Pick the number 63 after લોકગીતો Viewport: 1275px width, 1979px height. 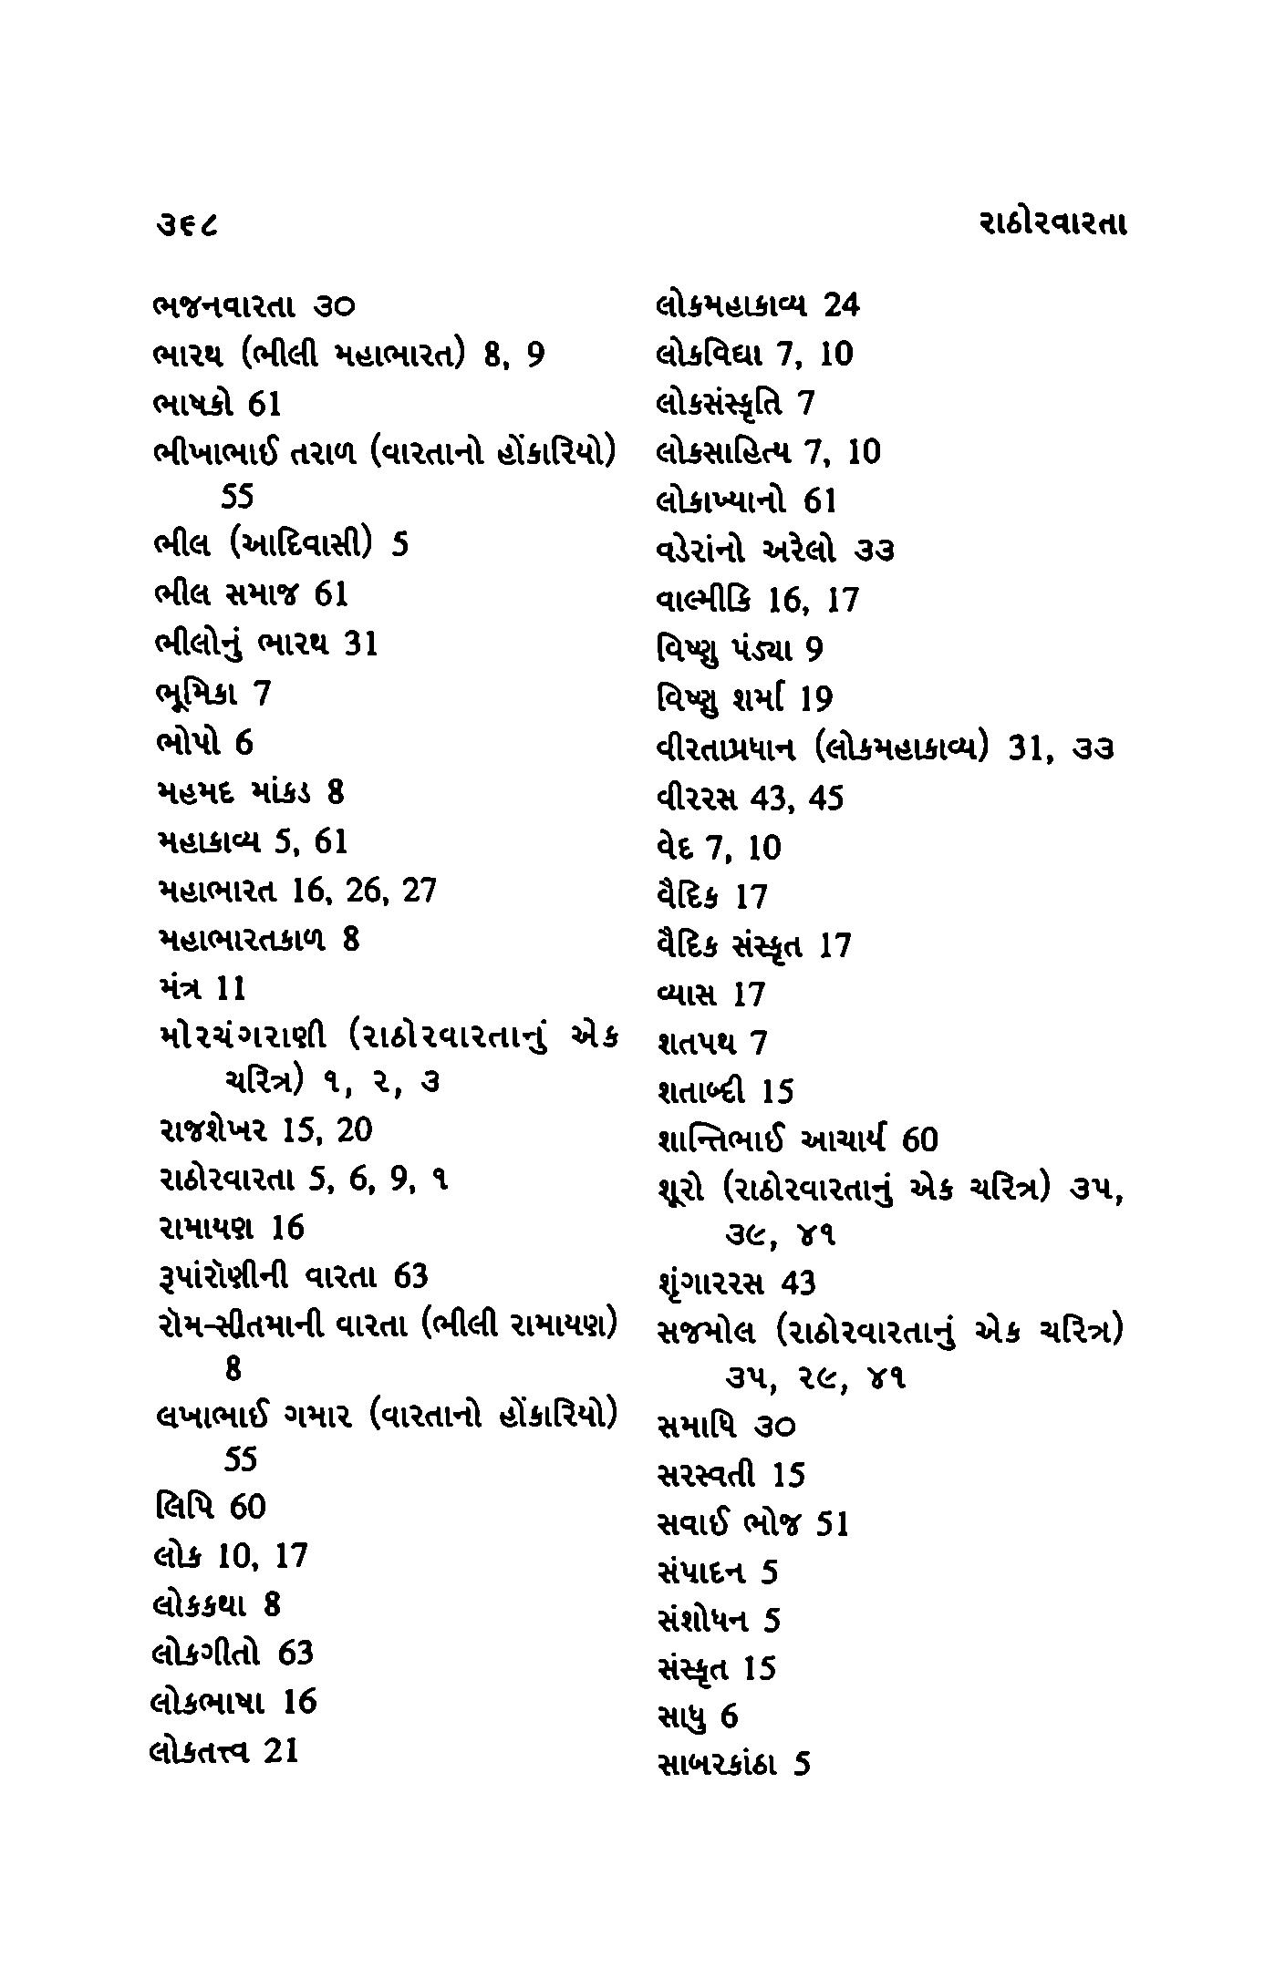coord(295,1653)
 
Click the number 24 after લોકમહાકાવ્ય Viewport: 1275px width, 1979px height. coord(841,305)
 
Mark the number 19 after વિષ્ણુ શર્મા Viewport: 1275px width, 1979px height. coord(816,699)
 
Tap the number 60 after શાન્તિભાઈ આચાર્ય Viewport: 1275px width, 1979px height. coord(918,1139)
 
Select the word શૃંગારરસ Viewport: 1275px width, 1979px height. coord(710,1283)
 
